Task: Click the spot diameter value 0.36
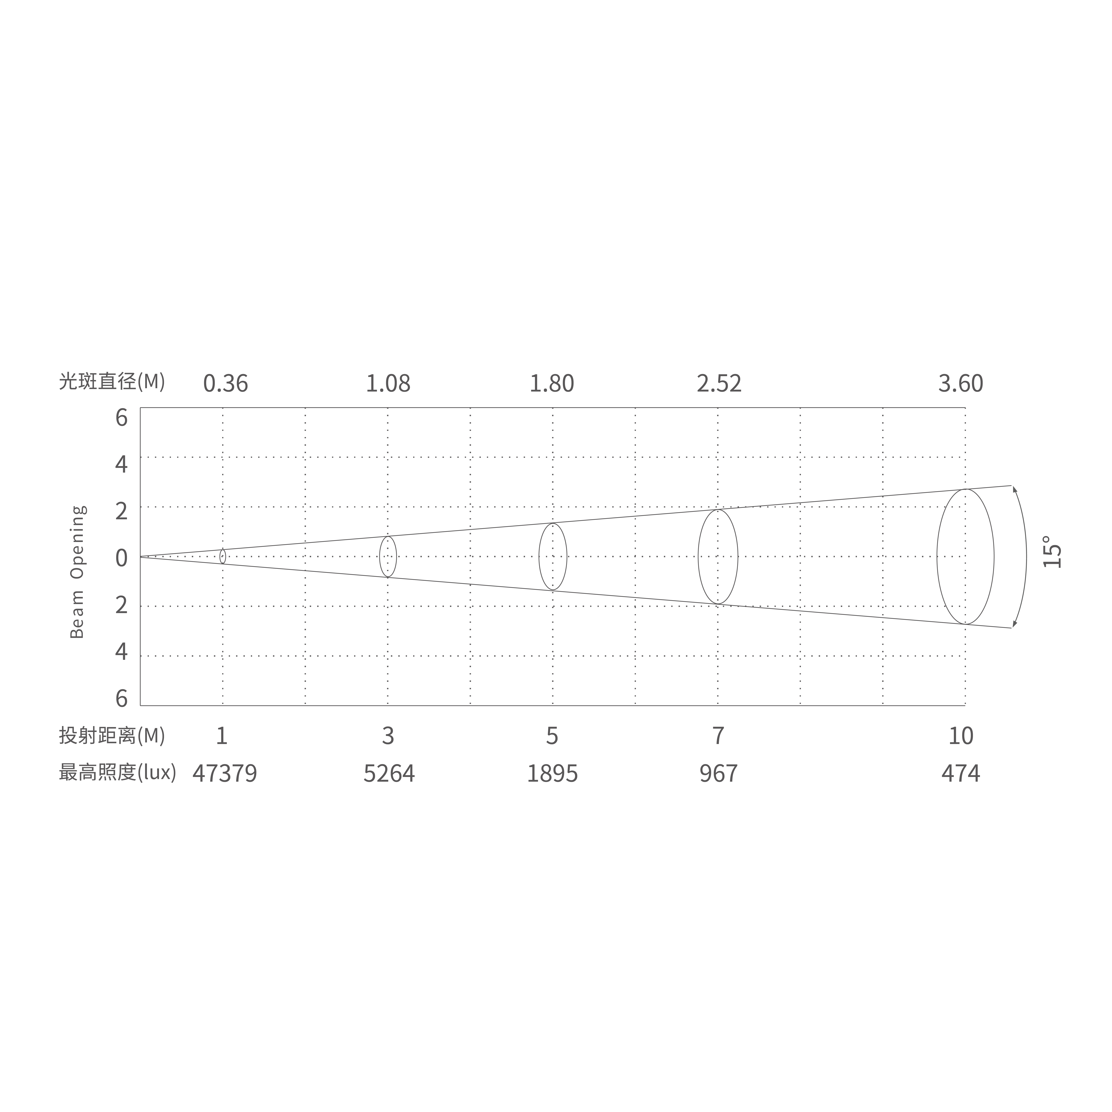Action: coord(226,383)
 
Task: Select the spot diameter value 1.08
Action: coord(389,383)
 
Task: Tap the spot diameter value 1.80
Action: coord(552,383)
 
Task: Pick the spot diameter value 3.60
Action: coord(961,383)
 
